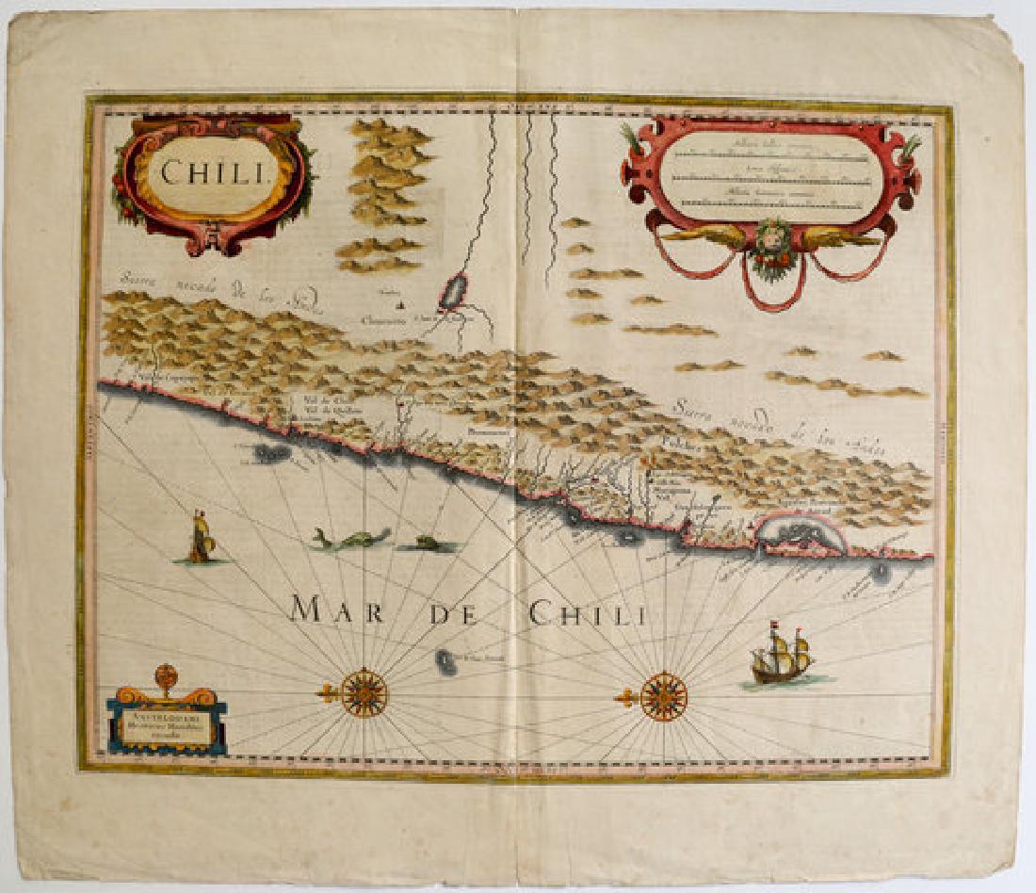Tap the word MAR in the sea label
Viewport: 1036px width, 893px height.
(336, 610)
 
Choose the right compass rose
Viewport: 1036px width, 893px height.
(663, 696)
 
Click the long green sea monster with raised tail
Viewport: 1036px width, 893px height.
(350, 538)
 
